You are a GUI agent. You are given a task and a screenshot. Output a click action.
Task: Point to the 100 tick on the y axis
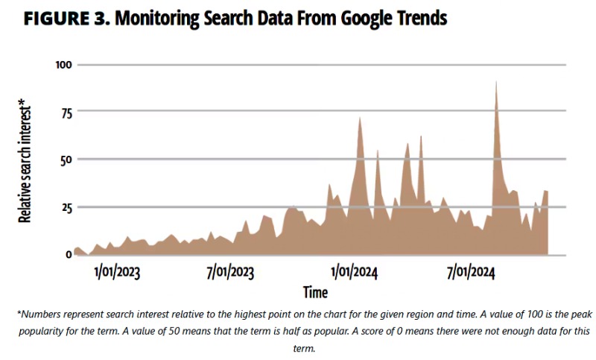(x=64, y=65)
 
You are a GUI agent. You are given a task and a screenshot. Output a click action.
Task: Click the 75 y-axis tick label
(x=66, y=113)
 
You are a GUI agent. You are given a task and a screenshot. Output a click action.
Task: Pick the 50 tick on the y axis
(x=66, y=160)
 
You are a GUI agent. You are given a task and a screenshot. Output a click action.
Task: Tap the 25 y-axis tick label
(x=66, y=207)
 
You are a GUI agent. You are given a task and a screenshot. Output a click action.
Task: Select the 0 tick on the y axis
(x=69, y=254)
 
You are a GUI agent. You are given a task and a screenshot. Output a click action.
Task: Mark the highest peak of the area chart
(x=496, y=81)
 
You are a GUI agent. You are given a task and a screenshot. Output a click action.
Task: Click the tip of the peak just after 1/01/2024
(x=360, y=117)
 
